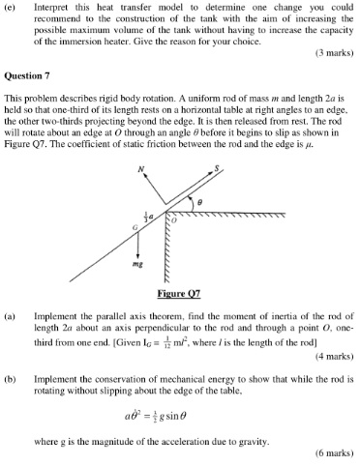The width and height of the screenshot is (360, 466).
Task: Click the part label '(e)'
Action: [x=11, y=7]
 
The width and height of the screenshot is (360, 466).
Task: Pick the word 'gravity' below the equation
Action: [x=255, y=439]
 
